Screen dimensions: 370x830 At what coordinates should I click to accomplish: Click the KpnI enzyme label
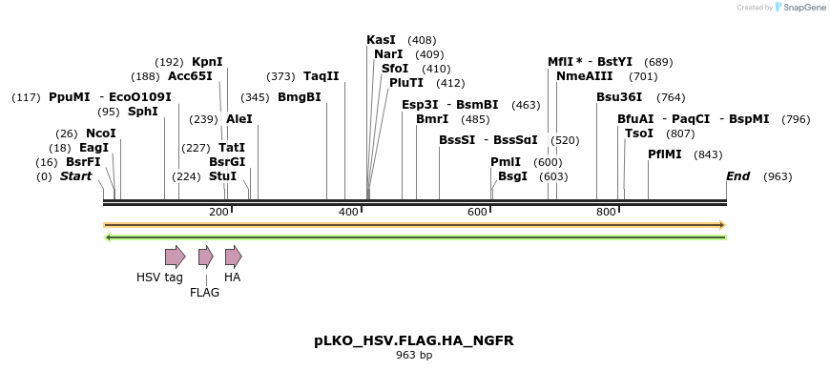(x=207, y=61)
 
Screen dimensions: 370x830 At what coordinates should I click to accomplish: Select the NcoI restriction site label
(x=100, y=134)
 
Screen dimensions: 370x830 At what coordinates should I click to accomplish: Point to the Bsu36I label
(x=619, y=97)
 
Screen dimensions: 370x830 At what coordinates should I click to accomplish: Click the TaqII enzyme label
(x=322, y=76)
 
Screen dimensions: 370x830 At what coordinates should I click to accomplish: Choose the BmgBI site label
(x=299, y=97)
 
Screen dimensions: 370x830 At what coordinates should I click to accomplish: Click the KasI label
(x=381, y=40)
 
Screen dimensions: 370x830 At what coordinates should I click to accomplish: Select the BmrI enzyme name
(x=432, y=119)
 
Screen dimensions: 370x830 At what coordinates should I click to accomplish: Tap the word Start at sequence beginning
(x=76, y=176)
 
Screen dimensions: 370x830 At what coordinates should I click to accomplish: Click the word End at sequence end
(x=737, y=176)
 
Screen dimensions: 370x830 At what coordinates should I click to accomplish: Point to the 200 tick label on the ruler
(x=218, y=212)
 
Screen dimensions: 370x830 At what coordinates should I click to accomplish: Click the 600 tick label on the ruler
(x=478, y=212)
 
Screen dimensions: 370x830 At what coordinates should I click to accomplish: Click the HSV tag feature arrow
(x=175, y=256)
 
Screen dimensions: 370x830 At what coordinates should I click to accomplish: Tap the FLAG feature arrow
(x=205, y=256)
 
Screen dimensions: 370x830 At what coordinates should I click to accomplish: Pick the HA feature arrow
(x=233, y=256)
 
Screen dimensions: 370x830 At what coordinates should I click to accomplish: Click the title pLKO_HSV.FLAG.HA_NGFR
(x=414, y=339)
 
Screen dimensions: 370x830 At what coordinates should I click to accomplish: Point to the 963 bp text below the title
(x=414, y=356)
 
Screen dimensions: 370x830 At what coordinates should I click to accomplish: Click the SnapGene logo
(x=798, y=8)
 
